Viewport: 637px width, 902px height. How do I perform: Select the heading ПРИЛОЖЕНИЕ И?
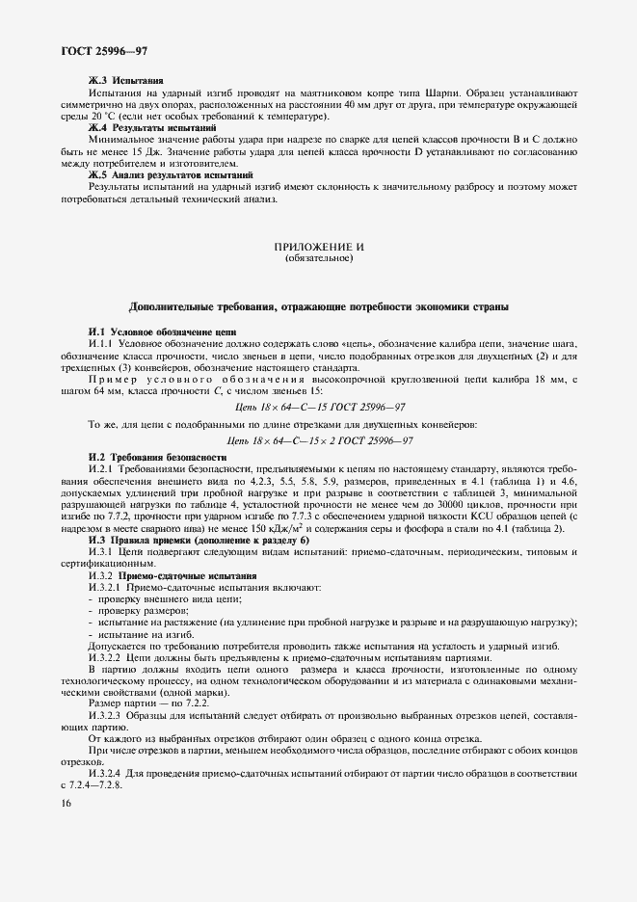[319, 248]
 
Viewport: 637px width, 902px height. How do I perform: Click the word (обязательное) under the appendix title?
[319, 258]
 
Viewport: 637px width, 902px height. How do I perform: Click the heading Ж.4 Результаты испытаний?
[152, 128]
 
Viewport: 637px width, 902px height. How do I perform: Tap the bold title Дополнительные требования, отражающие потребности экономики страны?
[319, 306]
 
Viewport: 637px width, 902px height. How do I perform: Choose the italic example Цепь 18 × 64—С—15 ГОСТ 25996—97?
[319, 410]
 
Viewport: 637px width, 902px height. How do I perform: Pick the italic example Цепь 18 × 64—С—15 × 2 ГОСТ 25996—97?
[319, 440]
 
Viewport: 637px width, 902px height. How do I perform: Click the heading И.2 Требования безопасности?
[157, 456]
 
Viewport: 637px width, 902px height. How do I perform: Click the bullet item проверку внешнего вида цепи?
[155, 599]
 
